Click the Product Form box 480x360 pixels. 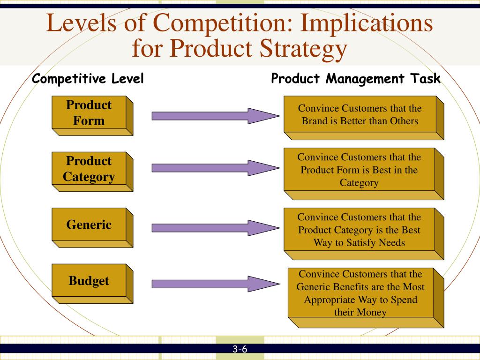[x=92, y=116]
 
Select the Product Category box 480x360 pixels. [x=92, y=172]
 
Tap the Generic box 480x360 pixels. [x=92, y=228]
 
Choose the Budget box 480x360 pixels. [x=92, y=284]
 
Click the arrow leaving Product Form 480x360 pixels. [x=216, y=116]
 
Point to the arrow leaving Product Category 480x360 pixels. [x=216, y=168]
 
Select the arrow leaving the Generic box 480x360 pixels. [x=216, y=228]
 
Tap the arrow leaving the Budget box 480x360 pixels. [x=216, y=284]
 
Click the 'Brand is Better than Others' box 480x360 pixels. [x=364, y=118]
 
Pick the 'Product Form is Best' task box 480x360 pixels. [x=364, y=174]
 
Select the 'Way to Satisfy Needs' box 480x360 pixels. [x=364, y=234]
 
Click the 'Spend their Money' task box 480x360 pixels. [x=366, y=298]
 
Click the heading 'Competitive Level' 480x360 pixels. [x=88, y=79]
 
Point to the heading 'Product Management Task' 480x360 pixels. [x=356, y=79]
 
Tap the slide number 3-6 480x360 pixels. [x=240, y=349]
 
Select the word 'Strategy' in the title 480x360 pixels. [x=303, y=49]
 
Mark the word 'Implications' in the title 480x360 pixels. [x=367, y=22]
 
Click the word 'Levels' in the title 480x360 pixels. [x=82, y=22]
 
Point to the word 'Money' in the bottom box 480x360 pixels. [x=372, y=313]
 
